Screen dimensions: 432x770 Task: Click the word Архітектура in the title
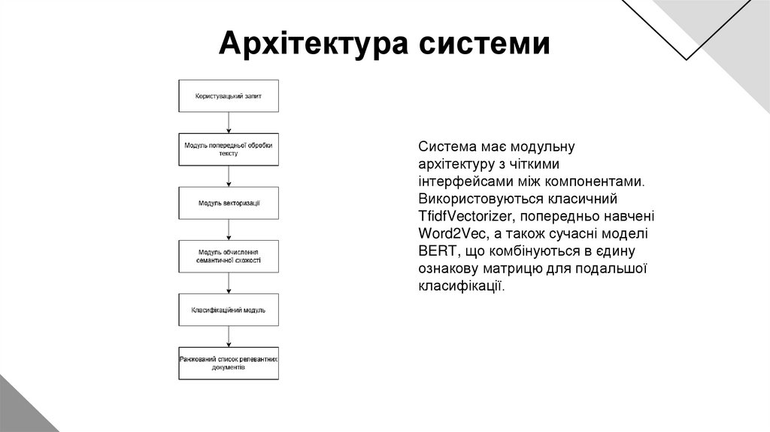coord(311,44)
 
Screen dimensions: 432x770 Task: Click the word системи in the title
coord(484,44)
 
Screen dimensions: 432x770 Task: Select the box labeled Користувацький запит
coord(228,96)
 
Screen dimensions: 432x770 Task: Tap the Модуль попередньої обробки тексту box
coord(228,149)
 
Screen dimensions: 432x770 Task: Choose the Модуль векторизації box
coord(228,203)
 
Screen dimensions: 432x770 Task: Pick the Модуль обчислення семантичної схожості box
coord(228,256)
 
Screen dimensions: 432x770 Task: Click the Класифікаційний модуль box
coord(228,309)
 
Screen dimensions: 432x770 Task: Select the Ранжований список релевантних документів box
coord(228,363)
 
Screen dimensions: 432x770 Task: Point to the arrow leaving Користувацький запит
coord(228,123)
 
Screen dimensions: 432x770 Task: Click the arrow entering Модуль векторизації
coord(228,176)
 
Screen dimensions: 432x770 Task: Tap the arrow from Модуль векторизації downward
coord(228,230)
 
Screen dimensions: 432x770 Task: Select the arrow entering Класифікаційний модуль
coord(228,283)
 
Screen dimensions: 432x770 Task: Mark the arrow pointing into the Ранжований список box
coord(228,336)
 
